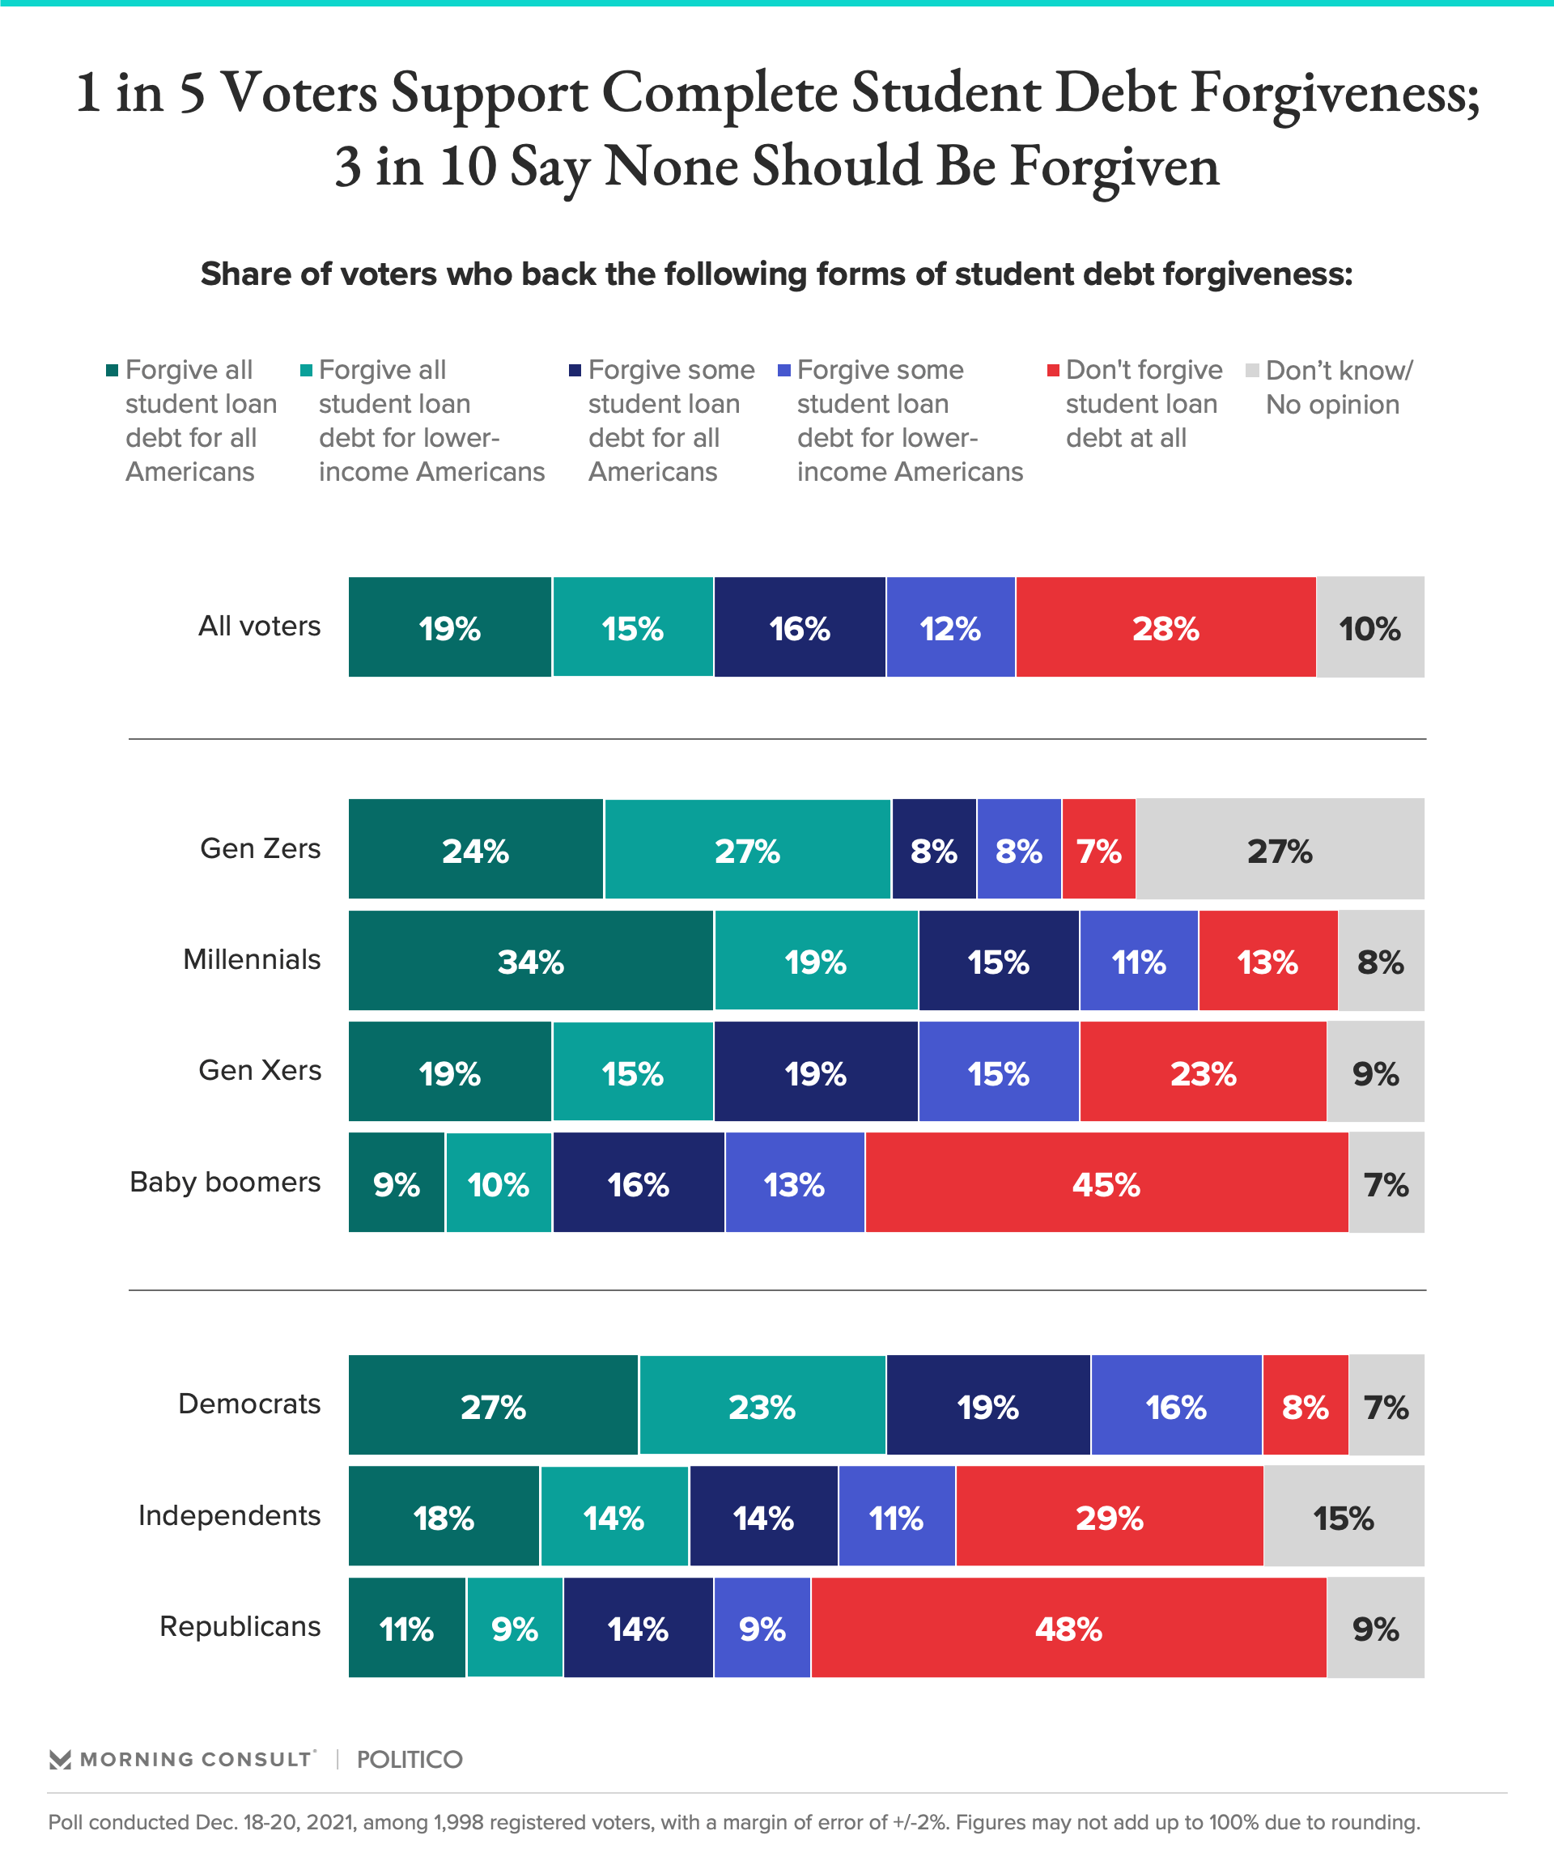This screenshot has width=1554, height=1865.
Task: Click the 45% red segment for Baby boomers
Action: tap(1106, 1183)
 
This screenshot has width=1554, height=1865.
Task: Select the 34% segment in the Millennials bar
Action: tap(530, 961)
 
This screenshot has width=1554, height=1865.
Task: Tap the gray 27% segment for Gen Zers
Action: tap(1280, 850)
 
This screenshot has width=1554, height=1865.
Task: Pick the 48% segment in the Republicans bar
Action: tap(1068, 1628)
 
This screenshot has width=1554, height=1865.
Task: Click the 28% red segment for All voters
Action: tap(1165, 628)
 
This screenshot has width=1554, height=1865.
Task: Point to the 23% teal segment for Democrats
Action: tap(762, 1406)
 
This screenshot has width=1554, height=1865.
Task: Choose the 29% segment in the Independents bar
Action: tap(1109, 1517)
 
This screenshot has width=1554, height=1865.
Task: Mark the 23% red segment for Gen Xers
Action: tap(1203, 1073)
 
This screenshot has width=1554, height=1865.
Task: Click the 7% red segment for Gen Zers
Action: tap(1098, 850)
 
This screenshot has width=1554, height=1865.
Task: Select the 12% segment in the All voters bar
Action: tap(950, 628)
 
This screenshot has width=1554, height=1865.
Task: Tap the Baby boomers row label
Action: tap(225, 1182)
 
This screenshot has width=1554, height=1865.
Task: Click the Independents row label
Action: tap(229, 1515)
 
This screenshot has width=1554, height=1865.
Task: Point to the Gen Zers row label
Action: tap(260, 848)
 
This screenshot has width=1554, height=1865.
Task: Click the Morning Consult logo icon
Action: tap(60, 1759)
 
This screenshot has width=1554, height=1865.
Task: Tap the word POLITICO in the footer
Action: tap(410, 1759)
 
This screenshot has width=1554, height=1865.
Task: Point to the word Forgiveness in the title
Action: tap(1335, 93)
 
